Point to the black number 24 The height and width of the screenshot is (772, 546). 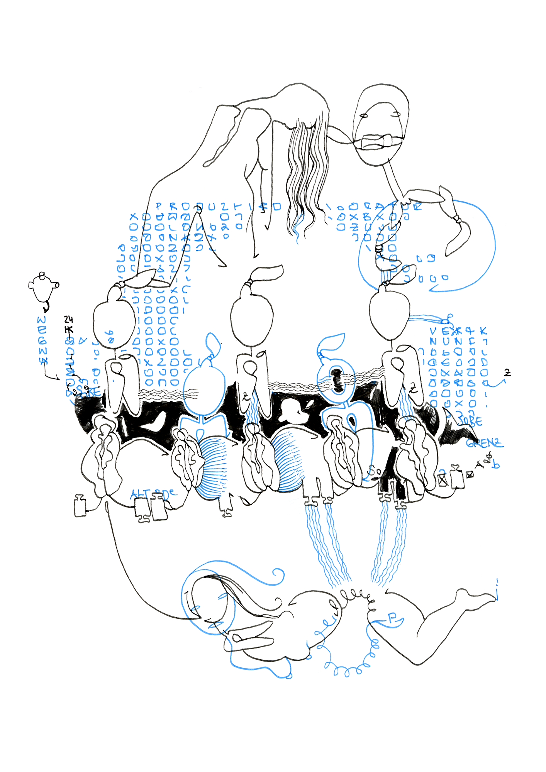click(68, 319)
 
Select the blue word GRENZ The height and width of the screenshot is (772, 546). click(485, 443)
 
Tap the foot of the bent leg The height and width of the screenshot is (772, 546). click(479, 595)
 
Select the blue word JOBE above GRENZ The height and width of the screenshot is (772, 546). click(470, 421)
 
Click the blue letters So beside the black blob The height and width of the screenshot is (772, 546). click(373, 470)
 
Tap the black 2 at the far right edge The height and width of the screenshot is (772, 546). click(508, 373)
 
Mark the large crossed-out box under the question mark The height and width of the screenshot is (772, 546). click(443, 480)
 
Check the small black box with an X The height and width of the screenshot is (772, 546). click(470, 475)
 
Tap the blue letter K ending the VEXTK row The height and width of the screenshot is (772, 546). click(483, 331)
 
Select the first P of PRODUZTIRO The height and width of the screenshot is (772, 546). click(159, 207)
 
